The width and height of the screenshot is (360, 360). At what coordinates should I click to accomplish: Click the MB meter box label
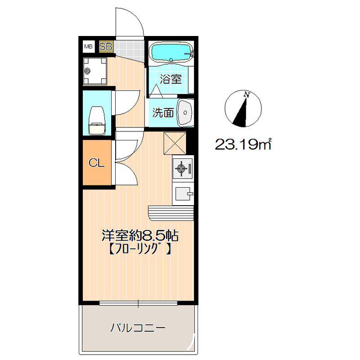pyautogui.click(x=88, y=47)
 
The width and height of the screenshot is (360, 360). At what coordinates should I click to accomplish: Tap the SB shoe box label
pyautogui.click(x=106, y=47)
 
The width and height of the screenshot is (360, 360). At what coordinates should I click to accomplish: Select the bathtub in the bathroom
pyautogui.click(x=171, y=53)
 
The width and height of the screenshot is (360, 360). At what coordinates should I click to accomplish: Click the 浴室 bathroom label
pyautogui.click(x=171, y=79)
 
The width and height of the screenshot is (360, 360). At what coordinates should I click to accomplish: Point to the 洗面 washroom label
pyautogui.click(x=163, y=112)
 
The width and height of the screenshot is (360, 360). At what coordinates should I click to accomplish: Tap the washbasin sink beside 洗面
pyautogui.click(x=185, y=112)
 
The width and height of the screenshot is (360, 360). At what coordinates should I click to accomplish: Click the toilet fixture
pyautogui.click(x=97, y=120)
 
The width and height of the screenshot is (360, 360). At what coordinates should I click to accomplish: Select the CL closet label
pyautogui.click(x=97, y=163)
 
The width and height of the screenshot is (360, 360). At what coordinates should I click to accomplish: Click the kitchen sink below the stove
pyautogui.click(x=183, y=193)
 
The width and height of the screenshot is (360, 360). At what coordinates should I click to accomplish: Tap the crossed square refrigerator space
pyautogui.click(x=175, y=144)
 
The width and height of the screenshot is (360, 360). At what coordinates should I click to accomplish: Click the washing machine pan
pyautogui.click(x=95, y=71)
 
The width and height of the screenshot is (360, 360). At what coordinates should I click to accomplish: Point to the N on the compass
pyautogui.click(x=247, y=94)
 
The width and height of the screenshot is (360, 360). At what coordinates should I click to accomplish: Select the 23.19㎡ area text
pyautogui.click(x=243, y=144)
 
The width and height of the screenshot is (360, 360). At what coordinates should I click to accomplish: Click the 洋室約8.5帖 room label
pyautogui.click(x=140, y=235)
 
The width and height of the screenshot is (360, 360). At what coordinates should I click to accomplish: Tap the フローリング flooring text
pyautogui.click(x=139, y=249)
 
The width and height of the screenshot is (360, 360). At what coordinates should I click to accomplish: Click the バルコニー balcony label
pyautogui.click(x=138, y=328)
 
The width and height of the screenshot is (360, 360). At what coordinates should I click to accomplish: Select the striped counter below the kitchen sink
pyautogui.click(x=171, y=213)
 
